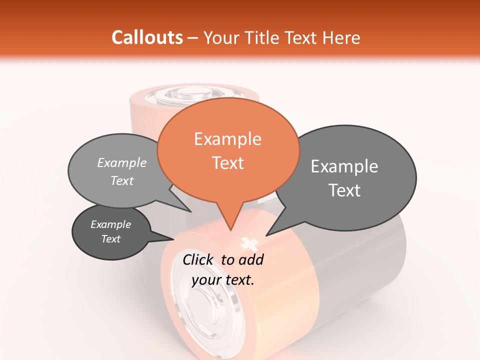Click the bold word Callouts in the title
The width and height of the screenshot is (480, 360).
coord(147,37)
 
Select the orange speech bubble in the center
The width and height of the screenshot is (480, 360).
coord(228,150)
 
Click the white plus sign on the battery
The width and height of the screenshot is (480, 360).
coord(248,243)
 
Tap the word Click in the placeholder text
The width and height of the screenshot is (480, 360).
coord(199,259)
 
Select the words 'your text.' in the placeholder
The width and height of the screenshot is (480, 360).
coord(223,280)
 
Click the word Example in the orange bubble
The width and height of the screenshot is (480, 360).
coord(227,139)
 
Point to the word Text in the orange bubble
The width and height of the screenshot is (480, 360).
coord(228,163)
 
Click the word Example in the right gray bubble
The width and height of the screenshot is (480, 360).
coord(344,166)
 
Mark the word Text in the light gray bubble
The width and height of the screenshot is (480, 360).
coord(122,181)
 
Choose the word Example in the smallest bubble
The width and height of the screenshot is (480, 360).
coord(111,224)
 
